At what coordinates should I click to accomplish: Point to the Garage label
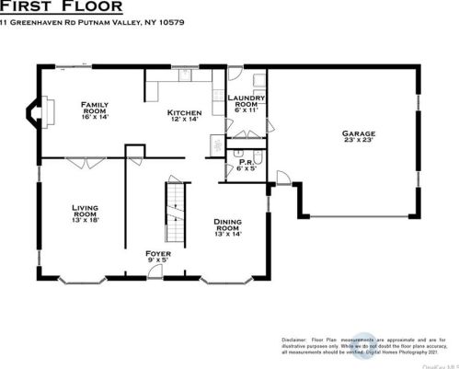359,134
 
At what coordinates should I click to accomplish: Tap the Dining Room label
227,224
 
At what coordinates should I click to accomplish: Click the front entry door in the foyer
158,273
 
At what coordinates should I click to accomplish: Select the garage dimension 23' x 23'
359,143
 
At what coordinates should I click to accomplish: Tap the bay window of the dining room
226,278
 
